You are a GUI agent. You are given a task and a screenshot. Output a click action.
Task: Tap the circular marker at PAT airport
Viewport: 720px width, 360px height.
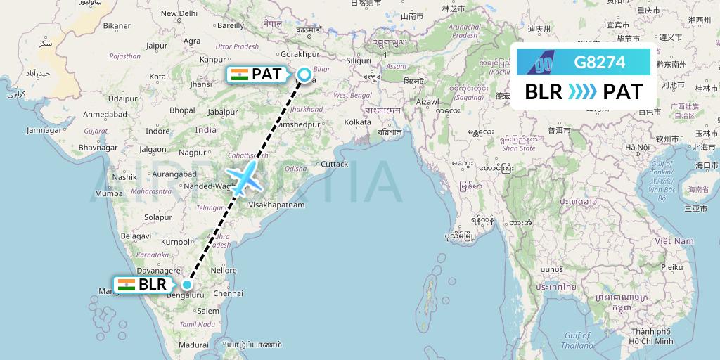[x=304, y=74]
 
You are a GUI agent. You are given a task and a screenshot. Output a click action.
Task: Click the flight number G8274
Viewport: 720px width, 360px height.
[x=600, y=63]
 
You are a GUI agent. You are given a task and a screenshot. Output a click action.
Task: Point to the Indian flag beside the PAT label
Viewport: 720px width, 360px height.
[x=240, y=74]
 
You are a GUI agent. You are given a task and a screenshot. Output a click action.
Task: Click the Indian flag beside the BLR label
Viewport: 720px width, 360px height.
[x=127, y=285]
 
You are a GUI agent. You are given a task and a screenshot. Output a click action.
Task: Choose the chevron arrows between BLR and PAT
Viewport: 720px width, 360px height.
[x=583, y=92]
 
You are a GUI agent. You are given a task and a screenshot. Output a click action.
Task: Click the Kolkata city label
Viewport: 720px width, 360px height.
[x=357, y=122]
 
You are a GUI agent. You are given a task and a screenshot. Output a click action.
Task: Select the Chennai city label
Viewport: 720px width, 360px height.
[x=229, y=292]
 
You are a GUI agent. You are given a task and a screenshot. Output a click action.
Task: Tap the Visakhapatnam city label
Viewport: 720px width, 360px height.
[x=276, y=205]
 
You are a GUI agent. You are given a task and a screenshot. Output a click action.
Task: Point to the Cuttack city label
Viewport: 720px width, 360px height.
[x=333, y=164]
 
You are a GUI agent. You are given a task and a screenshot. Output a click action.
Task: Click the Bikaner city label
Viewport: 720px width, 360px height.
[x=117, y=26]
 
